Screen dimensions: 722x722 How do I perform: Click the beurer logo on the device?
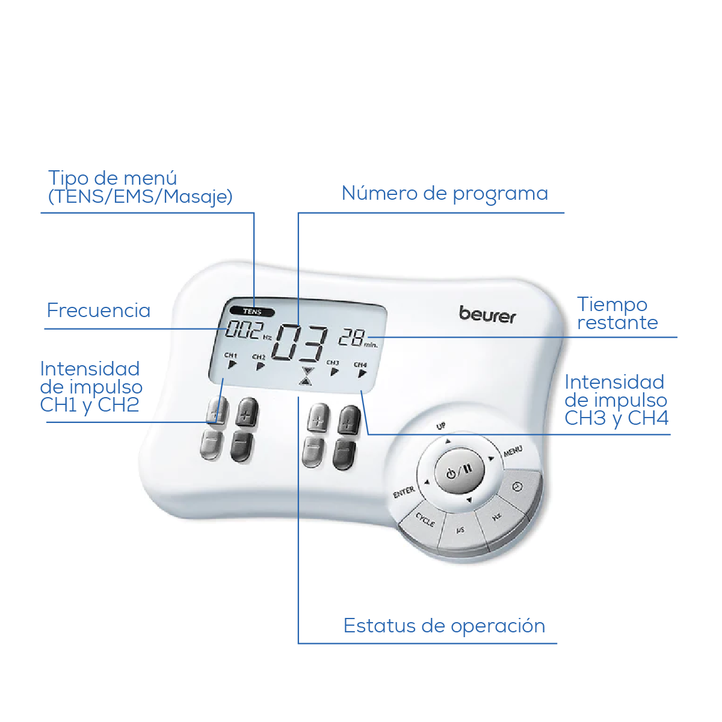pyautogui.click(x=487, y=315)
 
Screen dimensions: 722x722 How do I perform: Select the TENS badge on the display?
pyautogui.click(x=252, y=312)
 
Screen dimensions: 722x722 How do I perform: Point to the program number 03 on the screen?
pyautogui.click(x=301, y=344)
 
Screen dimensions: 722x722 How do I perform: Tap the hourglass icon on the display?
pyautogui.click(x=307, y=375)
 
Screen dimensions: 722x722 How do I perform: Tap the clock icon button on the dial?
pyautogui.click(x=517, y=487)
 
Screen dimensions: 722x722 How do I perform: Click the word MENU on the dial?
pyautogui.click(x=513, y=451)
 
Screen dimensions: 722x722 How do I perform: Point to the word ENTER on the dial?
pyautogui.click(x=404, y=492)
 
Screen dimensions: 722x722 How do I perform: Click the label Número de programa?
pyautogui.click(x=445, y=194)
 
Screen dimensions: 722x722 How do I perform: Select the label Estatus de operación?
pyautogui.click(x=444, y=626)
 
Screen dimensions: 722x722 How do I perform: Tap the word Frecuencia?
pyautogui.click(x=99, y=310)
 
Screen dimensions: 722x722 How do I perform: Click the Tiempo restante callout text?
pyautogui.click(x=617, y=313)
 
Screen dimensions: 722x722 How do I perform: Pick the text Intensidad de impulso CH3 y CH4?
pyautogui.click(x=616, y=400)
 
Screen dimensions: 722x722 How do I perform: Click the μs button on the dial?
pyautogui.click(x=460, y=530)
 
